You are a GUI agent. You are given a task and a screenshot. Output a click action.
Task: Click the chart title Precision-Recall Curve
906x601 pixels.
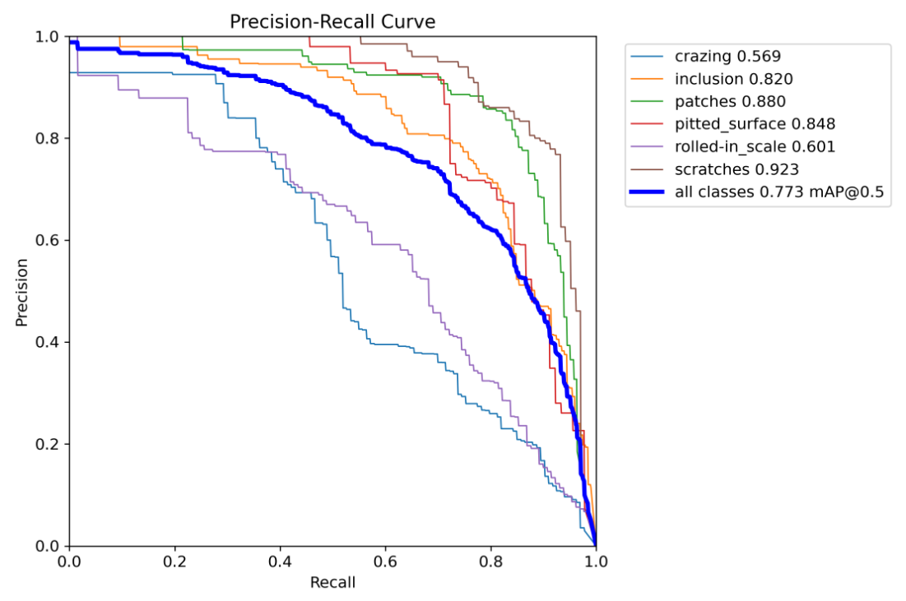332,22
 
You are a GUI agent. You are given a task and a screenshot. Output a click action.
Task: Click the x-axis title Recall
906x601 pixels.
332,583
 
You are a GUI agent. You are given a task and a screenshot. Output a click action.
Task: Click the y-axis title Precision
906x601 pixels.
22,292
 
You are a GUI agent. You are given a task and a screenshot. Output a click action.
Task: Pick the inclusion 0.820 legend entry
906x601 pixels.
734,79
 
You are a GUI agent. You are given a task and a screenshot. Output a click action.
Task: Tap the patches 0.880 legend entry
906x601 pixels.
730,102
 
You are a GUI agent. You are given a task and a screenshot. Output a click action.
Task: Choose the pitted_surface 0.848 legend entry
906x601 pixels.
755,124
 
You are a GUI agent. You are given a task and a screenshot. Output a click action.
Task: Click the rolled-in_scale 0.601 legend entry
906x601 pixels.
755,147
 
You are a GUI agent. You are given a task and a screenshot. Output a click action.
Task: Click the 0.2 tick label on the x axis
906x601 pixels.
174,562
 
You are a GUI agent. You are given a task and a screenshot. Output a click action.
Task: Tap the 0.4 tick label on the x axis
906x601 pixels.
280,562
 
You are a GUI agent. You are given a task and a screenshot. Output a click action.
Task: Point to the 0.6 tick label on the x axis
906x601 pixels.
385,562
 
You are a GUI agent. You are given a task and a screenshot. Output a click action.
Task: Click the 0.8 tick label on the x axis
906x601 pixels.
490,562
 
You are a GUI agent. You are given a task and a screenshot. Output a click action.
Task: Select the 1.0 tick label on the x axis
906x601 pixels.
595,562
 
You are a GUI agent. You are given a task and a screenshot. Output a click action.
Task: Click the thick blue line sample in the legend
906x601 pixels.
648,192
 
